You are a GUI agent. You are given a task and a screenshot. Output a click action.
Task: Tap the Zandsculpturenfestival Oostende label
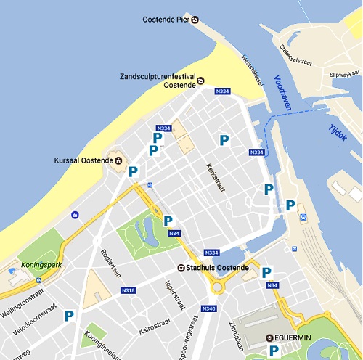(x=156, y=80)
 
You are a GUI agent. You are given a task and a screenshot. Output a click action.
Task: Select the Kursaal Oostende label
(x=82, y=160)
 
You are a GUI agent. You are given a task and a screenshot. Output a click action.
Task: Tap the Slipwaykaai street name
(x=345, y=73)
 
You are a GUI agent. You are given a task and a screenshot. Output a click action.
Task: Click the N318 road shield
(x=128, y=290)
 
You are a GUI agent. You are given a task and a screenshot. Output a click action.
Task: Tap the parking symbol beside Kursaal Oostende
(x=133, y=172)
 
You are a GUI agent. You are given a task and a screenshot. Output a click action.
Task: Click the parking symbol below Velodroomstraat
(x=69, y=316)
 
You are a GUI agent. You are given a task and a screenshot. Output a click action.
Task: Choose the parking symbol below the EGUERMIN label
(x=274, y=351)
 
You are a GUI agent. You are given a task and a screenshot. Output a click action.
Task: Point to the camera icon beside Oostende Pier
(x=195, y=20)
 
